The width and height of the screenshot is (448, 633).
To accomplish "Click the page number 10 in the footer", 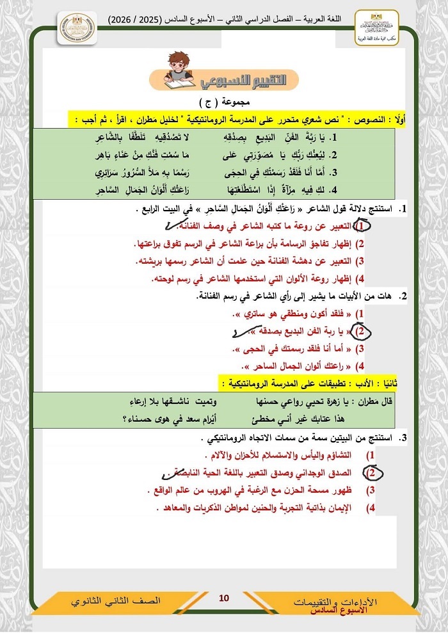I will tap(223, 598).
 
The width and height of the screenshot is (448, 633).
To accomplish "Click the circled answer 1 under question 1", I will tap(363, 227).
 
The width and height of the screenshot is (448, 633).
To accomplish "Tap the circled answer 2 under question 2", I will tap(362, 331).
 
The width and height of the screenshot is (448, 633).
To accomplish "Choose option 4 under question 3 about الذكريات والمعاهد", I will tap(262, 508).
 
